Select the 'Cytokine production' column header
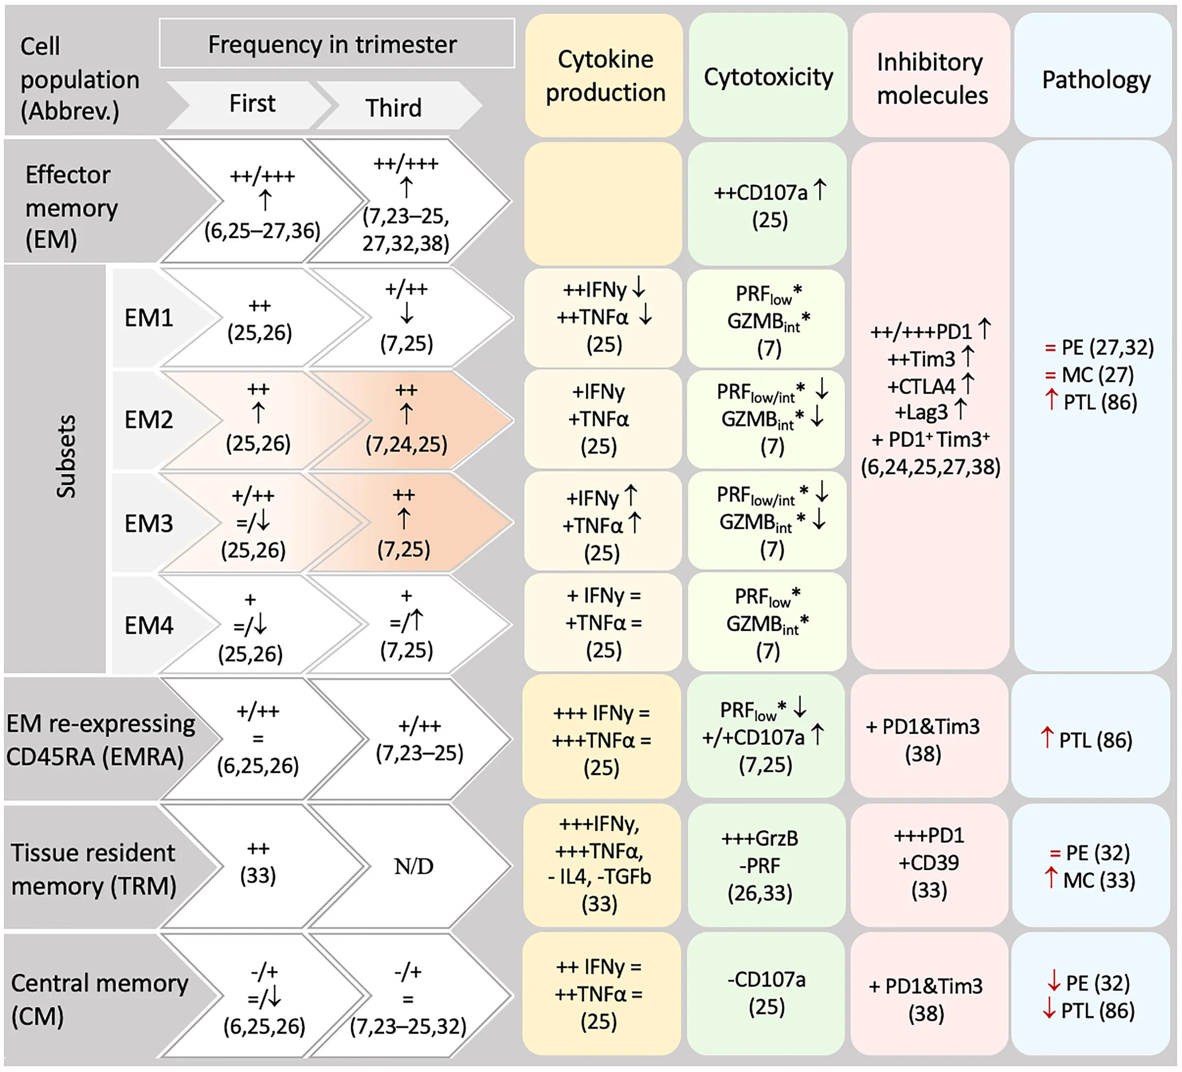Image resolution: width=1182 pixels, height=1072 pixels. tap(605, 76)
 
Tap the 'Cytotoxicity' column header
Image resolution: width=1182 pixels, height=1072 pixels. tap(768, 77)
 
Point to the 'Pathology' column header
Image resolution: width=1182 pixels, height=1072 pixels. tap(1095, 80)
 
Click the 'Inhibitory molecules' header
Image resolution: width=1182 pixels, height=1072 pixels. tap(931, 78)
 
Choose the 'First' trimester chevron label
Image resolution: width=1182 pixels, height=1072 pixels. tap(252, 104)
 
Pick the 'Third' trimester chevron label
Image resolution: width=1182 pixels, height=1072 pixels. tap(393, 108)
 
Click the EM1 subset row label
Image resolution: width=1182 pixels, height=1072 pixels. tap(149, 318)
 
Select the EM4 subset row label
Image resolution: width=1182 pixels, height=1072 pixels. tap(149, 625)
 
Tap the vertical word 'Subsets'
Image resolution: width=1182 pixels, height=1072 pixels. tap(66, 457)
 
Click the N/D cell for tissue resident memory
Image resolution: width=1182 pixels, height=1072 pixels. tap(413, 866)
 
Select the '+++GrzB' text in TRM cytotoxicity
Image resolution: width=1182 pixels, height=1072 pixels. tap(760, 839)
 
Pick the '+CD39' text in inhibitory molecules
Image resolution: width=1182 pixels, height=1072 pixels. tap(929, 863)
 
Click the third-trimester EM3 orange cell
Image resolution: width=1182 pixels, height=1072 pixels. tap(405, 522)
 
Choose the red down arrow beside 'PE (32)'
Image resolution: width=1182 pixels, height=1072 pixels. tap(1053, 981)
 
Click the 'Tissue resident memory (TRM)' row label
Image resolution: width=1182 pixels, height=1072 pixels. tap(93, 869)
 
